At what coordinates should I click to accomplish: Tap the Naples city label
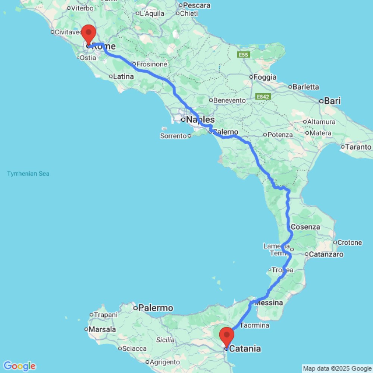pos(200,120)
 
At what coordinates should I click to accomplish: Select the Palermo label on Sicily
pos(156,308)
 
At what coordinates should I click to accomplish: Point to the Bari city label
pos(332,101)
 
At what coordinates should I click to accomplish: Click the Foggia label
pos(265,77)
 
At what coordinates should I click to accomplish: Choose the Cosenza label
pos(305,227)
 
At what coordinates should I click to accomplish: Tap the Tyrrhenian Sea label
pos(28,173)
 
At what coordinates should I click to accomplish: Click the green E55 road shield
pos(243,55)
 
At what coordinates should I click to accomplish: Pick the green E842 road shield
pos(263,97)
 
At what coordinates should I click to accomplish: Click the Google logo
pos(19,366)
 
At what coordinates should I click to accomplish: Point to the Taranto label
pos(358,147)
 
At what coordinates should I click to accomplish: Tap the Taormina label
pos(255,325)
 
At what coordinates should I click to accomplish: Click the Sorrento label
pos(173,136)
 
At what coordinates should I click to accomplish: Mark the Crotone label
pos(350,242)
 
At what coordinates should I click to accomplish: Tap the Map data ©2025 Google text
pos(337,369)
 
